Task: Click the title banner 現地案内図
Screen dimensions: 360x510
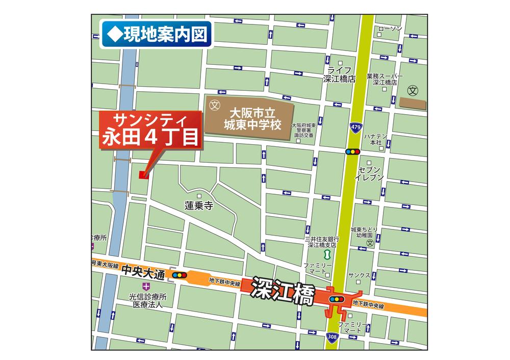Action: tap(156, 35)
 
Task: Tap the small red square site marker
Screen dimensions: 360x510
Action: tap(143, 175)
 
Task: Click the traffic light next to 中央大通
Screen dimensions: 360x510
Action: tap(180, 275)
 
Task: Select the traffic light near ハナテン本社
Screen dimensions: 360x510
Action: tap(352, 151)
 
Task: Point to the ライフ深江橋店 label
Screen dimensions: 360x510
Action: tap(339, 74)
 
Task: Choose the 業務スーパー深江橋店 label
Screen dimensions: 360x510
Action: tap(385, 79)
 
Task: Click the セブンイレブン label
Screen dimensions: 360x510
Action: tap(370, 173)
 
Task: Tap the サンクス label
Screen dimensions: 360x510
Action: tap(360, 275)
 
